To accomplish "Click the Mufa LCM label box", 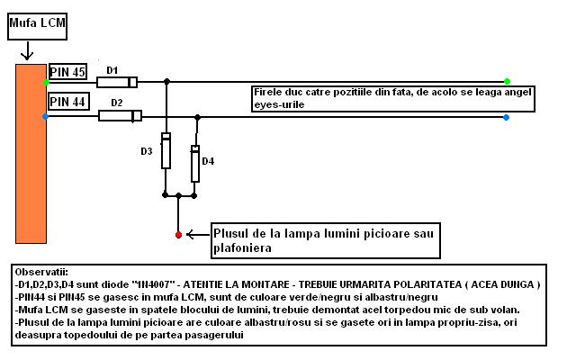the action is [x=37, y=26].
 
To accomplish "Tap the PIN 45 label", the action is [x=67, y=72].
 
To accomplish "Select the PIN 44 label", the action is [x=68, y=101].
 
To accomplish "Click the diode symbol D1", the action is [x=117, y=82].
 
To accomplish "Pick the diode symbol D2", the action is [x=120, y=116].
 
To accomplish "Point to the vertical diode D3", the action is [x=166, y=150].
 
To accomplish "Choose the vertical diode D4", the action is [x=195, y=164].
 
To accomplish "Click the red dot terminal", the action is [x=178, y=235].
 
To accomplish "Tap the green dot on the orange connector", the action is [x=46, y=82].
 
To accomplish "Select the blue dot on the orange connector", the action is [x=45, y=116].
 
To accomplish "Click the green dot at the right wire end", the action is [x=507, y=81].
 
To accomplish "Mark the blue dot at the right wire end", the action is [x=506, y=117].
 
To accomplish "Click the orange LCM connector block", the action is [x=31, y=154].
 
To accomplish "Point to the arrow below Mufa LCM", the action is [x=27, y=50].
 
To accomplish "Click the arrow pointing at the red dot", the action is [x=198, y=234].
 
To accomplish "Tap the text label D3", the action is [x=146, y=151].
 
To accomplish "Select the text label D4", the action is [x=208, y=161].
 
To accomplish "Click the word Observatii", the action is [x=41, y=272].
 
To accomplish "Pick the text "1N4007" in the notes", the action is [x=153, y=284].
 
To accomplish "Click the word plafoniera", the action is [x=242, y=248].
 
